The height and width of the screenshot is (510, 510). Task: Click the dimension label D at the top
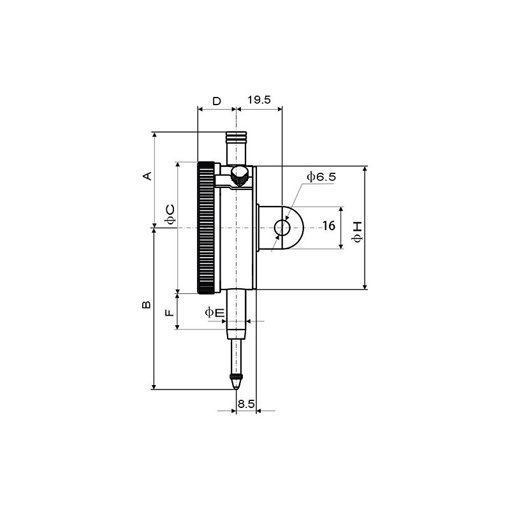[217, 101]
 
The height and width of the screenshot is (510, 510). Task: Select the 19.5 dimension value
[259, 100]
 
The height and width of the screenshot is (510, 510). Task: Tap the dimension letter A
[147, 175]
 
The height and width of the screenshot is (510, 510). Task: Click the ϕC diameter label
[170, 214]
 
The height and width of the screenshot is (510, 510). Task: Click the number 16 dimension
[328, 226]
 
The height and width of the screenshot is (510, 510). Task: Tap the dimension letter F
[169, 312]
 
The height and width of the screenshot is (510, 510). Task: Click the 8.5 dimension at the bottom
[246, 404]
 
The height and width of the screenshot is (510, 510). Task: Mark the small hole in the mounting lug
[282, 227]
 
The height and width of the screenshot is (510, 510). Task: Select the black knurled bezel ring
[206, 228]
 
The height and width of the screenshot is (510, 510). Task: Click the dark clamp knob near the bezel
[240, 177]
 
